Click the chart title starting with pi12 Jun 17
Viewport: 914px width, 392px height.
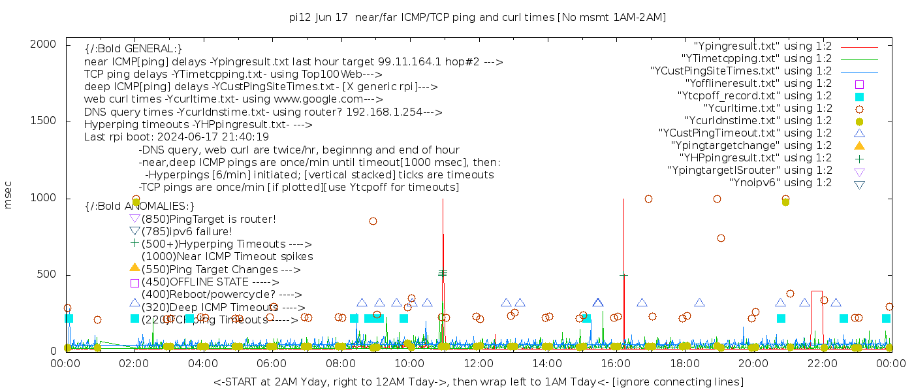tap(477, 17)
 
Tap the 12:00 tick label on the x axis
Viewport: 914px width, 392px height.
tap(479, 364)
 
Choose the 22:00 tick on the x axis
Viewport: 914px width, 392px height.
tap(822, 364)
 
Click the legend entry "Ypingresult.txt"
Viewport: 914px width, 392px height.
tap(763, 46)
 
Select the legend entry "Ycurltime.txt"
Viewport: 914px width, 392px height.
tap(767, 108)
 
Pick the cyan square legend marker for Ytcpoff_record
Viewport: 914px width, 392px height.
tap(859, 97)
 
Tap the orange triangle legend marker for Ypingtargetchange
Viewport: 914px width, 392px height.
tap(859, 146)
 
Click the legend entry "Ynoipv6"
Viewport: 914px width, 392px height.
tap(780, 183)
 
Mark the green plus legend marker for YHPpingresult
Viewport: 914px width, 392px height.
tap(859, 158)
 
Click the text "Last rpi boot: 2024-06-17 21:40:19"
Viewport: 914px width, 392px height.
tap(176, 137)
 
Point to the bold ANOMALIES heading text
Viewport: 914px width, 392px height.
tap(140, 206)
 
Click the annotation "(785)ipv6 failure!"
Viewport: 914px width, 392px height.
tap(187, 231)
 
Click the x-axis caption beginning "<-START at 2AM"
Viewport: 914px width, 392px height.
tap(478, 382)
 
